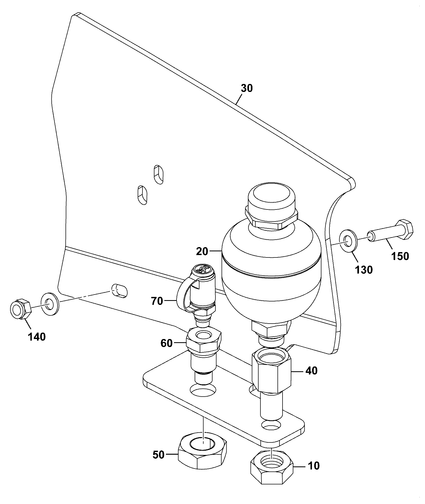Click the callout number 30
(246, 88)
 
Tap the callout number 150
(400, 256)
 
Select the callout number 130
(364, 270)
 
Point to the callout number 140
(37, 337)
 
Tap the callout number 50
(158, 455)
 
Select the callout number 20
(202, 251)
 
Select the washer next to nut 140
(50, 304)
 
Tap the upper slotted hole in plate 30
(158, 174)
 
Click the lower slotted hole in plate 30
(142, 195)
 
